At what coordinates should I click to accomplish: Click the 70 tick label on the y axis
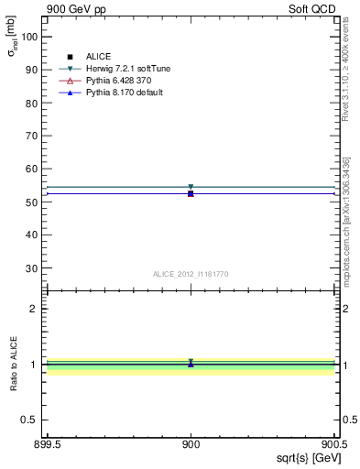[33, 136]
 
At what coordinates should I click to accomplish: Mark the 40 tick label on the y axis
[33, 234]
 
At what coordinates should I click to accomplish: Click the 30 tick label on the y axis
[33, 268]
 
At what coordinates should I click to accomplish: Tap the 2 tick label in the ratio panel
[36, 309]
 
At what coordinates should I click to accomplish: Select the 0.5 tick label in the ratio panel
[31, 420]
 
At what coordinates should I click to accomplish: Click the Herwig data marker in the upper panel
[191, 187]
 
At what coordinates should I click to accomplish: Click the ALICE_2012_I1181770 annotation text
[191, 274]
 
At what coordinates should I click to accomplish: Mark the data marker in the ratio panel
[191, 364]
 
